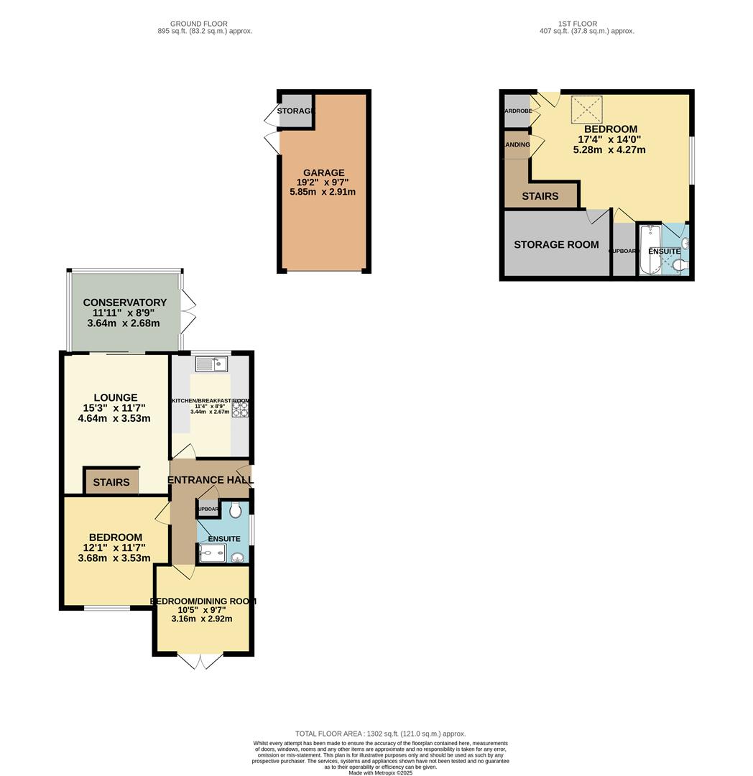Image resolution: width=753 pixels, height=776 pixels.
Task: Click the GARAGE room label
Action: point(323,172)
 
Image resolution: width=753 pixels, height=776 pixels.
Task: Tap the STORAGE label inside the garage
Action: point(296,111)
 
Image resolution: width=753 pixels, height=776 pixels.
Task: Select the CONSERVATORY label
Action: point(124,302)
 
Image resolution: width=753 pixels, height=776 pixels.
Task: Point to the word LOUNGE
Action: point(115,397)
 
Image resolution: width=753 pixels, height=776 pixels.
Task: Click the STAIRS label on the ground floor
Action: point(111,482)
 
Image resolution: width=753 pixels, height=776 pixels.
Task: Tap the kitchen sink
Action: point(211,364)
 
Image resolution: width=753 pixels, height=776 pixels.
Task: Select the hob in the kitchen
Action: point(239,408)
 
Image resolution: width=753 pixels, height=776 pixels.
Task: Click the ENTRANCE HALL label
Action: point(210,480)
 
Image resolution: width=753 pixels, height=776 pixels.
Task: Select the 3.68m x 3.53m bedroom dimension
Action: point(114,558)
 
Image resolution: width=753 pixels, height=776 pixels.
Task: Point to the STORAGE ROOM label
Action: point(556,244)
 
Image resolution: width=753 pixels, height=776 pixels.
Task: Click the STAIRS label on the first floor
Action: point(540,196)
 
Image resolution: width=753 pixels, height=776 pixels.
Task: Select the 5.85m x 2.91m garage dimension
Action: point(323,192)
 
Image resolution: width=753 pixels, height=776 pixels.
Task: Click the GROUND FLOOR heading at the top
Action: point(205,24)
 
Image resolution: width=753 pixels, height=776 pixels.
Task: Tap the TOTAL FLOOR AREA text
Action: point(380,734)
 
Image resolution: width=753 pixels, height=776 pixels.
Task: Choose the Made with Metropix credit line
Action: point(382,772)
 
